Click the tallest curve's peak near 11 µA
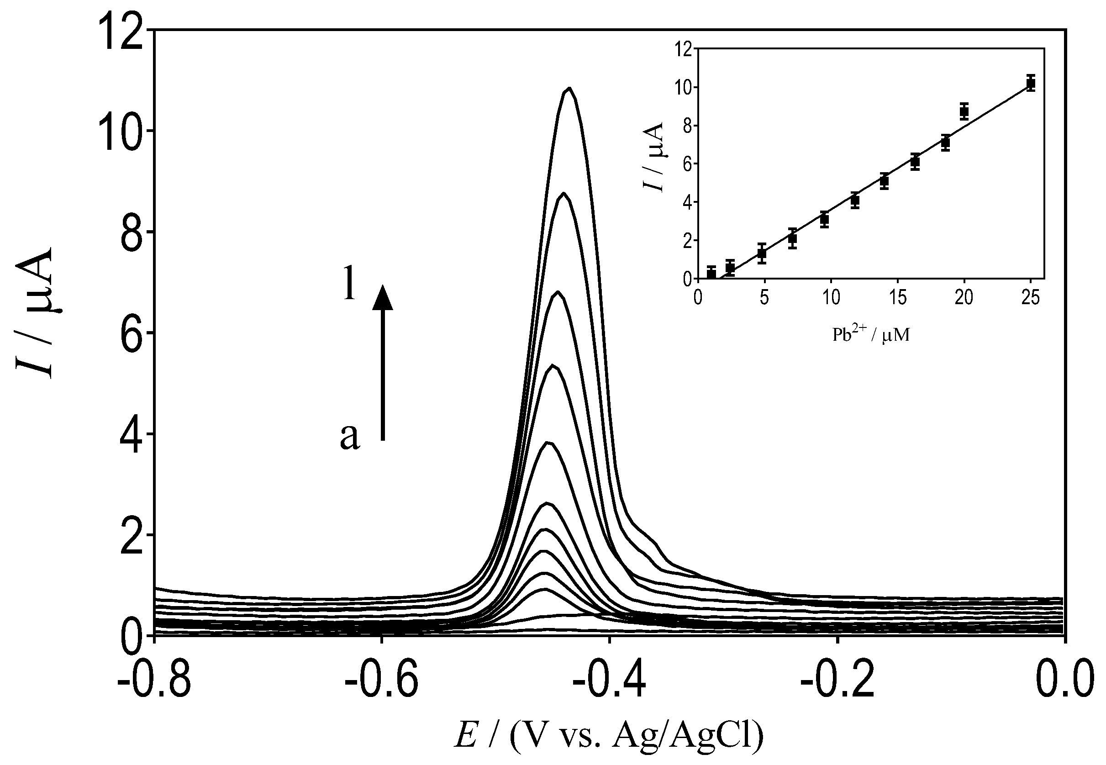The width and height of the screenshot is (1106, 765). pos(569,89)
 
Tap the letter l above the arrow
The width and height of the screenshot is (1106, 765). pos(350,285)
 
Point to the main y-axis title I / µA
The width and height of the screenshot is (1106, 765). pos(35,314)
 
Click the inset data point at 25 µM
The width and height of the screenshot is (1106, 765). pos(1031,84)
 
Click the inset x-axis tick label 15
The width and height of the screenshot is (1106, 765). pos(898,299)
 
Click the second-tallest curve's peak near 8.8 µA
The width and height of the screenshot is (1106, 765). pos(564,194)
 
